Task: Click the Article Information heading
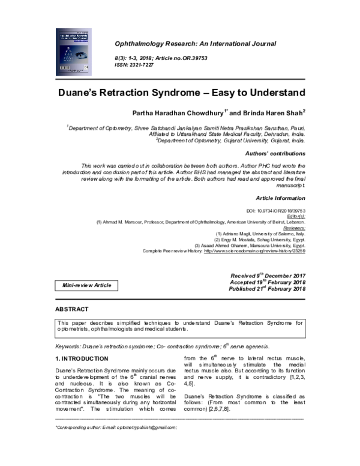pyautogui.click(x=280, y=198)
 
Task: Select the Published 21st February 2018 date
pyautogui.click(x=267, y=289)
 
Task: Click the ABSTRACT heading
pyautogui.click(x=71, y=309)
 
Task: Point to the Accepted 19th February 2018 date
pyautogui.click(x=268, y=282)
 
